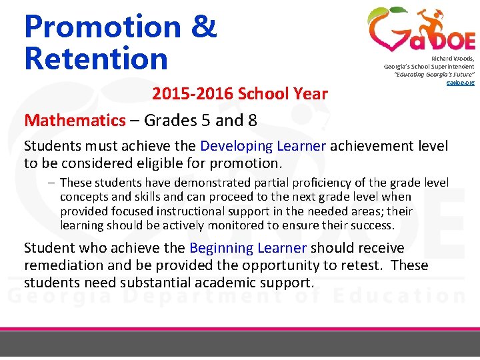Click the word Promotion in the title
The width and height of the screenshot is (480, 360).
tap(101, 27)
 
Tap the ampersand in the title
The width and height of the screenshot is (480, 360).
tap(203, 27)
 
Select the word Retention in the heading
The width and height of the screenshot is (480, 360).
tap(95, 58)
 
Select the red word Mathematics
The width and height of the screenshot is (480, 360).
tap(75, 120)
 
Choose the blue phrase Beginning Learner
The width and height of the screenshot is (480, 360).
tap(248, 248)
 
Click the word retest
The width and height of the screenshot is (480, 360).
tap(365, 265)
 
